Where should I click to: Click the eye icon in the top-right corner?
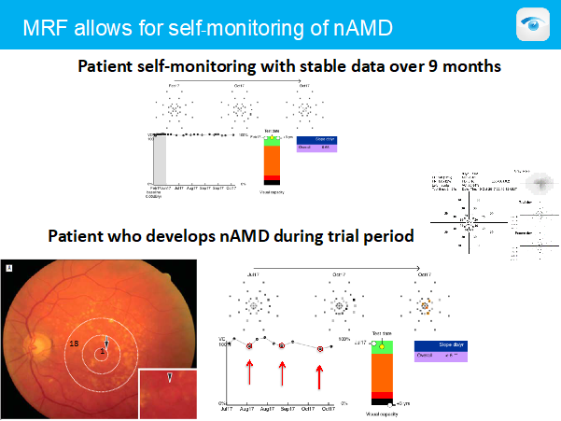pyautogui.click(x=534, y=24)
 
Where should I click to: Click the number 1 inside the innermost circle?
pyautogui.click(x=103, y=351)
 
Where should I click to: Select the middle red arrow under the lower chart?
pyautogui.click(x=282, y=373)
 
